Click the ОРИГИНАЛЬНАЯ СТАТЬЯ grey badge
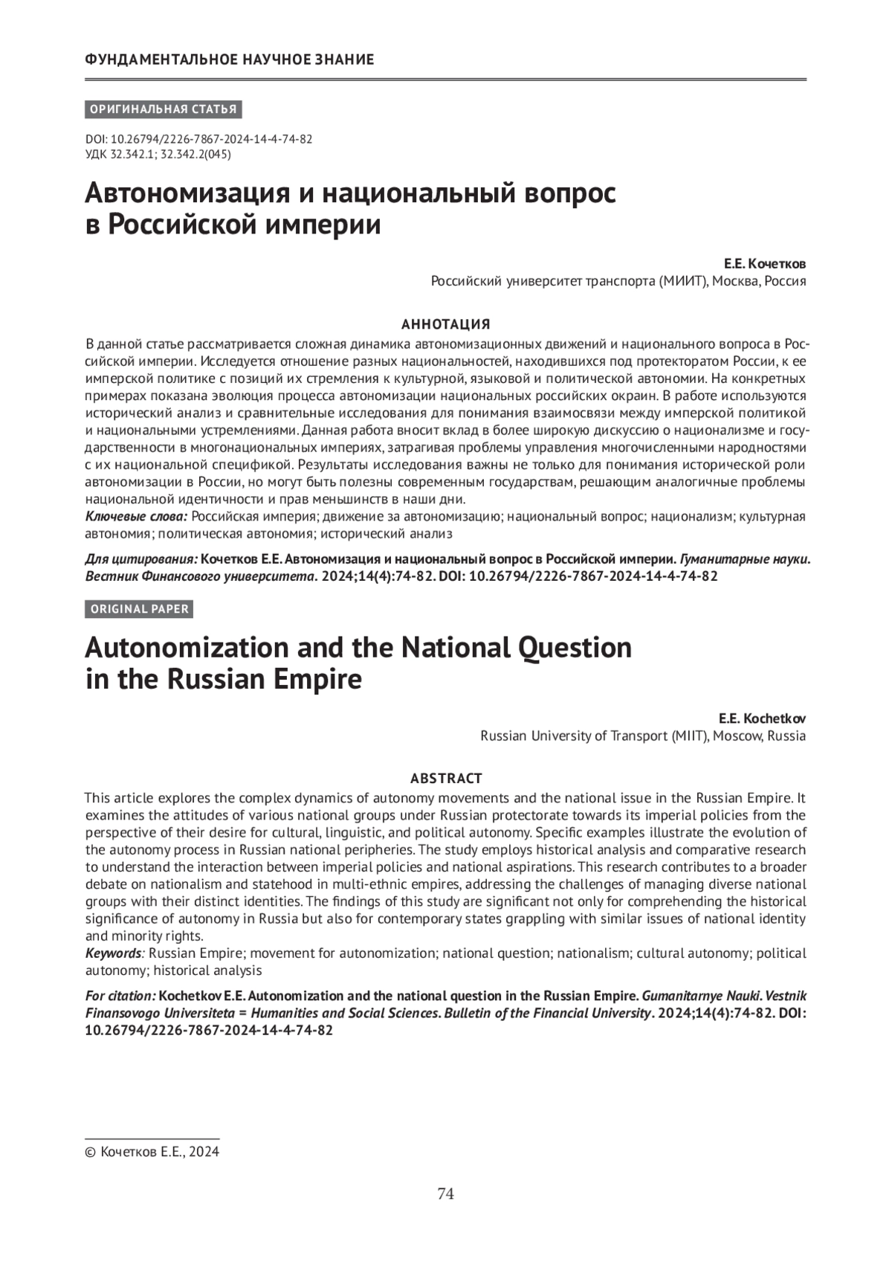[x=164, y=109]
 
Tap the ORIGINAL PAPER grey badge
[x=139, y=609]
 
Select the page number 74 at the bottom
[x=446, y=1194]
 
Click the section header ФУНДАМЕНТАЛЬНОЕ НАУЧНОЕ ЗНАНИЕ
[x=230, y=59]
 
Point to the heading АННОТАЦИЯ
[x=446, y=324]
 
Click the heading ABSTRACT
[x=446, y=779]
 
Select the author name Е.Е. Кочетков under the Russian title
[x=765, y=265]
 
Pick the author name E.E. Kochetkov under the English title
[x=762, y=719]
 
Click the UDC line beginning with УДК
[x=158, y=155]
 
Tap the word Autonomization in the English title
[x=186, y=648]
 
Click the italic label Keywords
[x=113, y=953]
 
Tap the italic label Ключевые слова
[x=136, y=517]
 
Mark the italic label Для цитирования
[x=141, y=559]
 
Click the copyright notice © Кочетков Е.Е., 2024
[x=152, y=1152]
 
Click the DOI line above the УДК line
[x=198, y=140]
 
